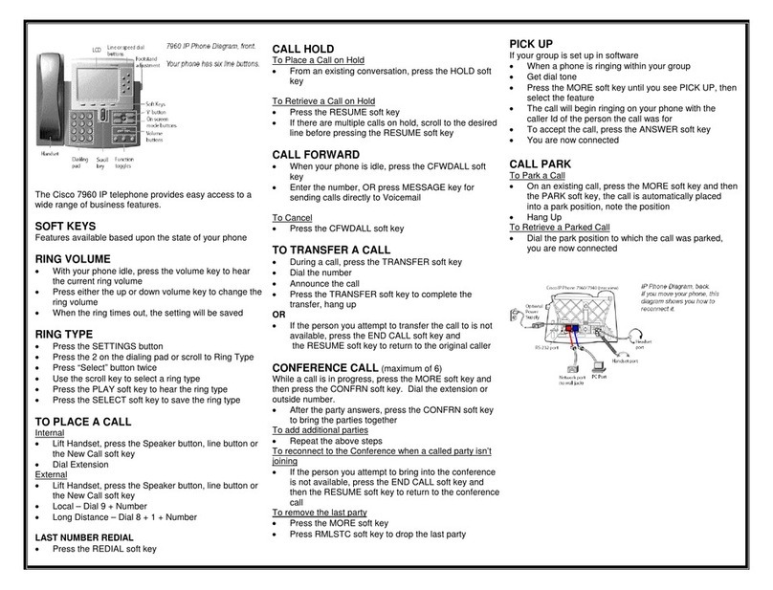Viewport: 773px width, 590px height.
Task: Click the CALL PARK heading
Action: click(x=541, y=164)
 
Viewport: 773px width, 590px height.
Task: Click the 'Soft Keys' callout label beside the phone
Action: click(x=155, y=104)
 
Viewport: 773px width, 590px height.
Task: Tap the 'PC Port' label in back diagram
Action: click(x=599, y=377)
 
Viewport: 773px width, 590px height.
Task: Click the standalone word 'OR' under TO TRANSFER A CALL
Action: click(x=278, y=314)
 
